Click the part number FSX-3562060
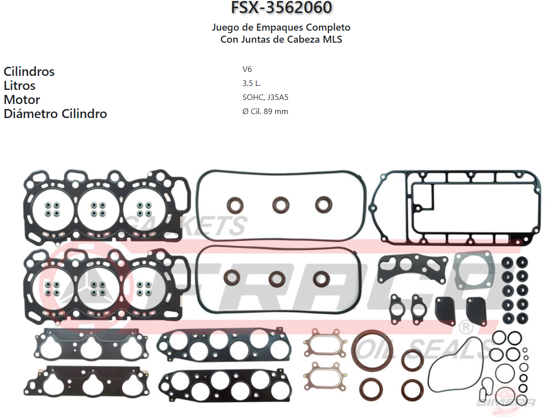pos(281,8)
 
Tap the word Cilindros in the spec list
pos(29,71)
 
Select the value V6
pos(247,69)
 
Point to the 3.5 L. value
pos(251,83)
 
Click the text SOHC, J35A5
pos(265,97)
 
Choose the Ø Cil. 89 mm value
pos(265,112)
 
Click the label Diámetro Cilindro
pos(55,114)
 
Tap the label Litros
pos(20,85)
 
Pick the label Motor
pos(22,99)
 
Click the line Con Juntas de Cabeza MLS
pos(281,39)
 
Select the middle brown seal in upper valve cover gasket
pos(281,204)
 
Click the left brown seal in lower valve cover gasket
pos(232,277)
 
